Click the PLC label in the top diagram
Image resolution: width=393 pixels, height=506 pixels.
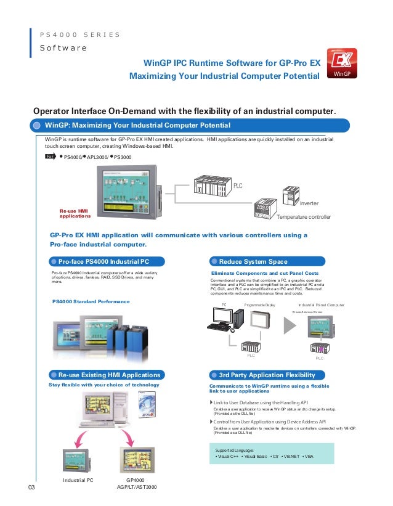click(x=237, y=184)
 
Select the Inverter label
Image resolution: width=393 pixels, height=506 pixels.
click(x=309, y=203)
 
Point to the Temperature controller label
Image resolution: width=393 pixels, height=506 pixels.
click(x=304, y=217)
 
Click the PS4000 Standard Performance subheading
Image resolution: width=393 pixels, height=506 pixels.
click(x=91, y=301)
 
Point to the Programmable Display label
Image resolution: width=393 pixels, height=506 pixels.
click(x=259, y=305)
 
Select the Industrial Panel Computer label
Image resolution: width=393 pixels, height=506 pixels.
click(x=322, y=305)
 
